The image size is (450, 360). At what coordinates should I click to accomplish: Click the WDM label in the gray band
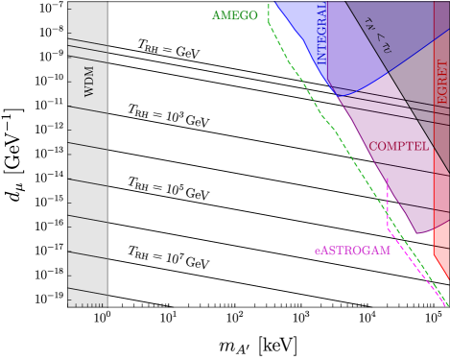pyautogui.click(x=90, y=83)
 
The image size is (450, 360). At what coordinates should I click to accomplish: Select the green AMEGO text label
pyautogui.click(x=235, y=16)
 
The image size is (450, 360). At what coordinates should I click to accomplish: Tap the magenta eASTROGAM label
pyautogui.click(x=352, y=252)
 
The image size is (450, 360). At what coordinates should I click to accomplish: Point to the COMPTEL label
pyautogui.click(x=398, y=147)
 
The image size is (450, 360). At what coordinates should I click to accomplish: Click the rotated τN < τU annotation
pyautogui.click(x=377, y=36)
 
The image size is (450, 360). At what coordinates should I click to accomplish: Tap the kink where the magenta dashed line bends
pyautogui.click(x=388, y=229)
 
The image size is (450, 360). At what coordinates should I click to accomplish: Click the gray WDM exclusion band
pyautogui.click(x=88, y=192)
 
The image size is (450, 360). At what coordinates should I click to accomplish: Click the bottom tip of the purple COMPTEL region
pyautogui.click(x=419, y=233)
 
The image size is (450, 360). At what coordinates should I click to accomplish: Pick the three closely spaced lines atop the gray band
pyautogui.click(x=88, y=44)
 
